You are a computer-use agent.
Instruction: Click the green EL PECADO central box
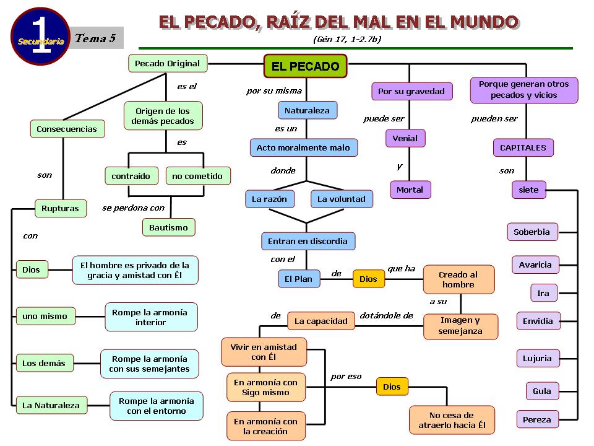point(306,66)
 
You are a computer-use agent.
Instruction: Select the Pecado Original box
point(167,63)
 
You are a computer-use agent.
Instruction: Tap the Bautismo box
point(168,227)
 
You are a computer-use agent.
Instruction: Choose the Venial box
point(405,138)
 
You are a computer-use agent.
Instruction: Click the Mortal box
point(410,190)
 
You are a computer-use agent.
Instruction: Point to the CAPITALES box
point(523,147)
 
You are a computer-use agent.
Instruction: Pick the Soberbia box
point(532,232)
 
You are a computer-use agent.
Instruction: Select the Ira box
point(543,293)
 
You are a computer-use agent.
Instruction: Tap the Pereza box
point(536,419)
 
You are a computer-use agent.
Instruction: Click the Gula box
point(542,391)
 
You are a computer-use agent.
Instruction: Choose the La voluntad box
point(342,199)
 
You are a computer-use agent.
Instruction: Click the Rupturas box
point(60,209)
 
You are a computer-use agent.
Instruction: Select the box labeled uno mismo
point(45,316)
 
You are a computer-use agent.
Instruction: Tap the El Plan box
point(298,279)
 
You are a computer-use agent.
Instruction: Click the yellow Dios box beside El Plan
point(368,279)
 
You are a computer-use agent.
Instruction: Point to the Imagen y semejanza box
point(460,326)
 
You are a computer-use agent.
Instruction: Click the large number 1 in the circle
point(40,36)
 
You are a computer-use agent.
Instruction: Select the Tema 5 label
point(95,38)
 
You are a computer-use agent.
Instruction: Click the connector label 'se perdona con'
point(133,208)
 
